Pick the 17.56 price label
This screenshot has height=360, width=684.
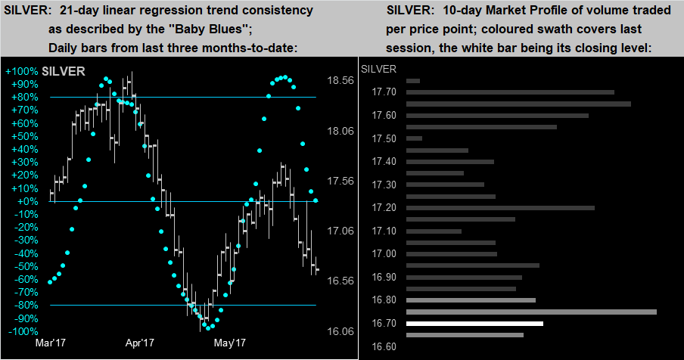pyautogui.click(x=340, y=181)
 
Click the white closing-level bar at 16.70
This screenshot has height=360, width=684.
pyautogui.click(x=474, y=324)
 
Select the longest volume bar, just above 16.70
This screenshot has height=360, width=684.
pyautogui.click(x=531, y=312)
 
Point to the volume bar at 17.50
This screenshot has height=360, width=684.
pyautogui.click(x=414, y=138)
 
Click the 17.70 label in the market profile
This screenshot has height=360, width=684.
pyautogui.click(x=385, y=92)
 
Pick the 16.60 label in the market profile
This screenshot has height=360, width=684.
pyautogui.click(x=385, y=346)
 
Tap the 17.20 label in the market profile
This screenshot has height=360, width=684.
pyautogui.click(x=385, y=208)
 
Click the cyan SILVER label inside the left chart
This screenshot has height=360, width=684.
pyautogui.click(x=64, y=72)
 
